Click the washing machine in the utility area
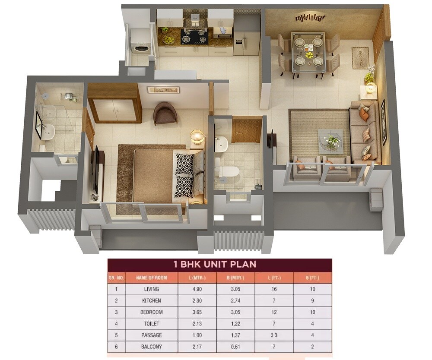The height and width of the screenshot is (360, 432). (x=140, y=46)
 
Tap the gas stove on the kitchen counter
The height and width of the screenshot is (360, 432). (x=194, y=36)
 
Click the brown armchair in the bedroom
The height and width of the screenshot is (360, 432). (x=165, y=113)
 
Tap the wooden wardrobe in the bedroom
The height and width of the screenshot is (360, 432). (x=114, y=104)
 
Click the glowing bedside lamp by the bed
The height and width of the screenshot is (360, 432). (x=197, y=137)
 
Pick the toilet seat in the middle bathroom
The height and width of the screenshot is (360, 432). (x=229, y=171)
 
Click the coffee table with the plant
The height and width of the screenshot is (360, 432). (x=331, y=141)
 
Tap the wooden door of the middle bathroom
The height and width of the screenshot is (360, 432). (x=247, y=131)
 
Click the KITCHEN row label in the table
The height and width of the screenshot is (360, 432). (x=151, y=300)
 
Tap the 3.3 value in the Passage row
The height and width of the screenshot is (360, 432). (x=273, y=335)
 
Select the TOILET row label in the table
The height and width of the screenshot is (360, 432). (x=151, y=324)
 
